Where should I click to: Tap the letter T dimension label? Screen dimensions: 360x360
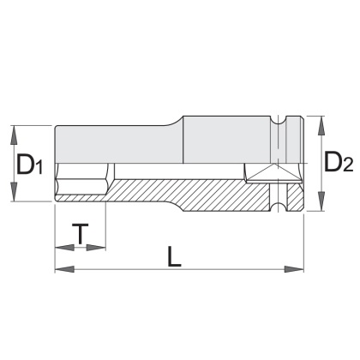[81, 234]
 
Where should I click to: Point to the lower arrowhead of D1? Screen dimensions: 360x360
[14, 192]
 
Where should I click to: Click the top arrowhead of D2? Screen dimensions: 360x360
[321, 126]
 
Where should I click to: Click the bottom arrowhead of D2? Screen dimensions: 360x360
[321, 201]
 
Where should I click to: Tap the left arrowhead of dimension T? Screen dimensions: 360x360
[64, 248]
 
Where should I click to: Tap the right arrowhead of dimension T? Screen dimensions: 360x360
[96, 248]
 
